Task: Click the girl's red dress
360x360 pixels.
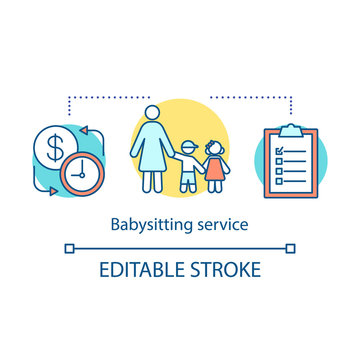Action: coord(215,168)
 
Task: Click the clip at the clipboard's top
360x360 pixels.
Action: coord(291,129)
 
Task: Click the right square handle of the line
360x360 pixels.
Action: coord(291,246)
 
